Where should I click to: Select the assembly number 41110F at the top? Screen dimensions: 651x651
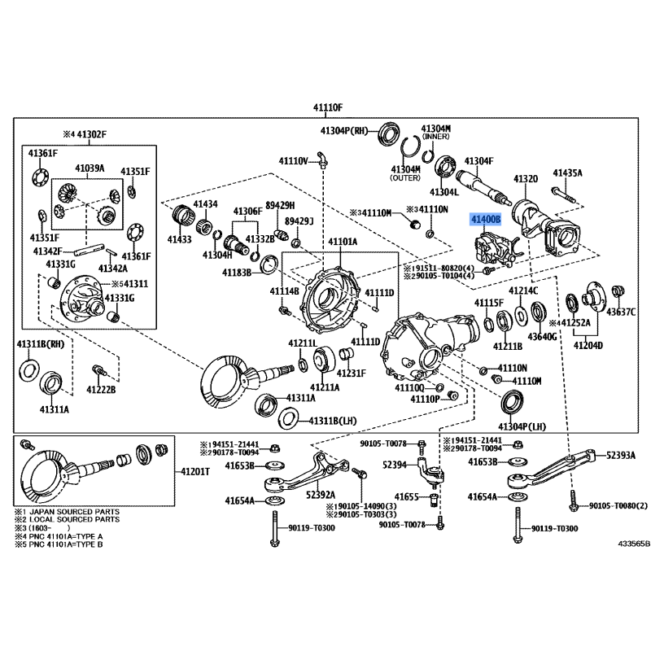[x=329, y=108]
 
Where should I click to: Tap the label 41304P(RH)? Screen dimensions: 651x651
[x=346, y=130]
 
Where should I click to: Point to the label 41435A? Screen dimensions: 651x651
[x=567, y=173]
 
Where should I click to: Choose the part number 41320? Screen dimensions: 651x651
[x=525, y=178]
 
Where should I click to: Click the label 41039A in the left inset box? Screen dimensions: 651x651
[x=90, y=168]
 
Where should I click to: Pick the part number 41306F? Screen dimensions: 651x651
[x=248, y=212]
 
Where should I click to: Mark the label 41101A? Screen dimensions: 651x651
[x=343, y=242]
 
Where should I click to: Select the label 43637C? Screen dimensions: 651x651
[x=621, y=312]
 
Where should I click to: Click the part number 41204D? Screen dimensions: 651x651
[x=588, y=345]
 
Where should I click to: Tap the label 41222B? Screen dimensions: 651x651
[x=102, y=391]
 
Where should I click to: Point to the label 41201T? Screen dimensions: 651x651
[x=195, y=471]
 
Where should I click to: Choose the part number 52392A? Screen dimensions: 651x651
[x=321, y=493]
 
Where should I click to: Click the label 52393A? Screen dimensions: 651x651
[x=620, y=455]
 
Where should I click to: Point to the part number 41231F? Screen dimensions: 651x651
[x=352, y=374]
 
